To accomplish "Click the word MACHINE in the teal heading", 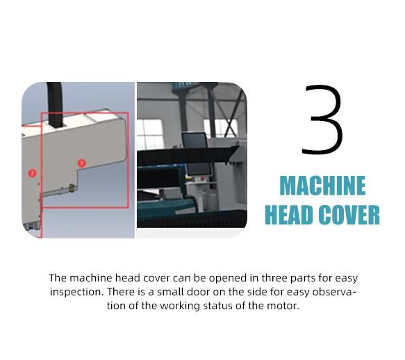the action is tap(322, 186).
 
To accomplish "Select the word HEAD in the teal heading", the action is tap(288, 215).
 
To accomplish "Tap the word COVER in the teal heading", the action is tap(349, 215).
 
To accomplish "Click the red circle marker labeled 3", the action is tap(81, 163).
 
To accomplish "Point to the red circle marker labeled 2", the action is tap(32, 173).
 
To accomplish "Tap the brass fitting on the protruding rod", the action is tap(72, 188).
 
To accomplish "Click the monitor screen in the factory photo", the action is tap(195, 140).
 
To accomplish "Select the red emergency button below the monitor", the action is tap(202, 179).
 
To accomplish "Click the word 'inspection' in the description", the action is tap(76, 292).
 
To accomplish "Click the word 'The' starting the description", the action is tap(58, 278).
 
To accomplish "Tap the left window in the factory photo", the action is tap(150, 133).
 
